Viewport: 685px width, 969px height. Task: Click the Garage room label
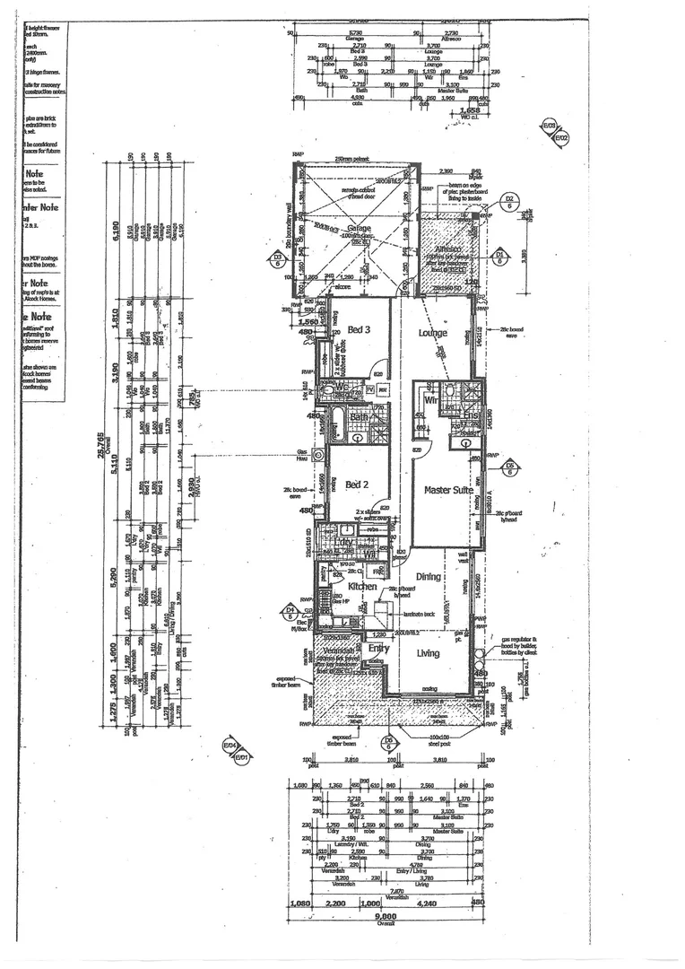coord(359,230)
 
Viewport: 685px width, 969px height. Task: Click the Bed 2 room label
coord(357,484)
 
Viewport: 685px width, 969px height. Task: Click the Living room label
coord(429,653)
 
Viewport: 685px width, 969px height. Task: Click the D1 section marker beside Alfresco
coord(499,258)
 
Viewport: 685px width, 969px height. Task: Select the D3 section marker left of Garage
coord(278,261)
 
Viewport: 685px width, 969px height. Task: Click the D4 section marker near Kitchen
coord(290,613)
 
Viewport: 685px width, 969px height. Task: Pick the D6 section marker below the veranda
coord(389,741)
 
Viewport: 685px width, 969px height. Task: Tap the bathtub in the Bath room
coord(339,423)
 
